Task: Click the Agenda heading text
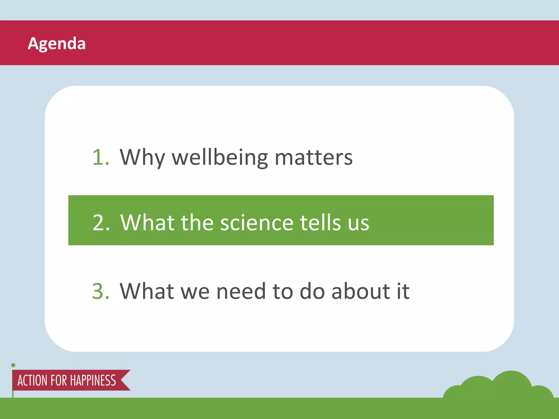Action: [57, 44]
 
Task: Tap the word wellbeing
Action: [220, 157]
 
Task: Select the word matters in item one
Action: [314, 157]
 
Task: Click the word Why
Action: [142, 157]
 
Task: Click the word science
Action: [257, 223]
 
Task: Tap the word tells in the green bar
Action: [321, 223]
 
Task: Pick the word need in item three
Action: [241, 291]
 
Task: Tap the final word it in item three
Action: [403, 291]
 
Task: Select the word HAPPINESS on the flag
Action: [93, 381]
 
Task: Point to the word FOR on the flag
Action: [59, 381]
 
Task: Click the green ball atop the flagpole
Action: [13, 365]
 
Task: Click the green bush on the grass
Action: [499, 387]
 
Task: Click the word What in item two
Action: [147, 223]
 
